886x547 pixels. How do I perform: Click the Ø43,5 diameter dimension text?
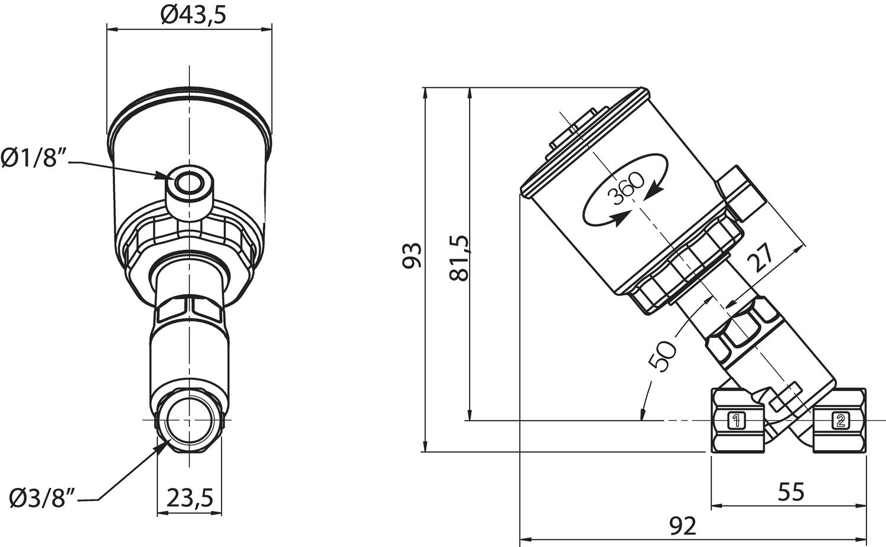pos(193,14)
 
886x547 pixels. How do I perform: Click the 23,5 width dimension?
pos(190,497)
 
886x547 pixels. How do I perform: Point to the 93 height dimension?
pos(412,255)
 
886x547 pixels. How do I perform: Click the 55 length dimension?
pos(791,491)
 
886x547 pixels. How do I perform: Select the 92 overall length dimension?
pos(683,525)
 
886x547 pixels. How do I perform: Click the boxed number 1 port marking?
pos(736,421)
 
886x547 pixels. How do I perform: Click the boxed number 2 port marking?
pos(840,421)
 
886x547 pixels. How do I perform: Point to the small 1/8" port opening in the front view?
pos(190,184)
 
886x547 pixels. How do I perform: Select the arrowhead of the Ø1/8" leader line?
pos(164,175)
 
